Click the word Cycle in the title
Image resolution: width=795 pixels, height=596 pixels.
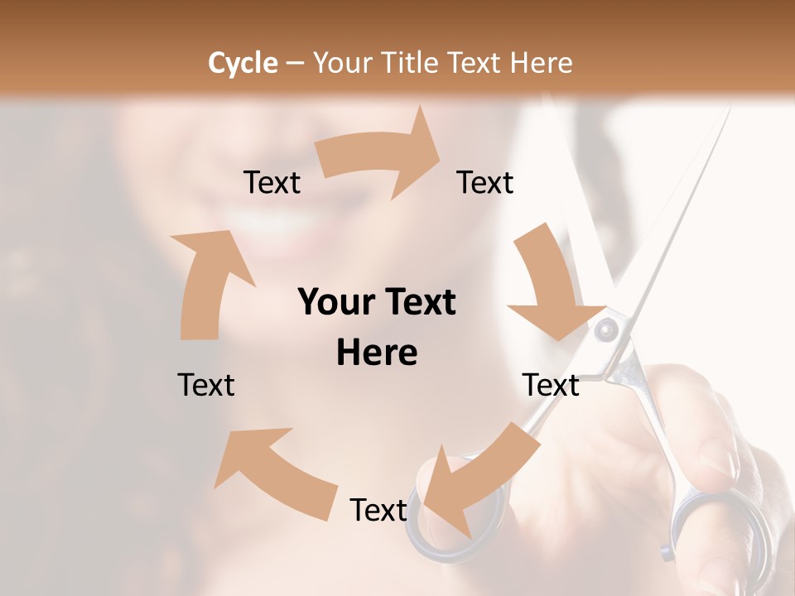click(243, 63)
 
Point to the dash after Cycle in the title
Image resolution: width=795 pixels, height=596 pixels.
click(295, 64)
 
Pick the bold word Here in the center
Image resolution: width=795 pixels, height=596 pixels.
click(377, 353)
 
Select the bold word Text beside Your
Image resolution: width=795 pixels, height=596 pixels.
click(417, 302)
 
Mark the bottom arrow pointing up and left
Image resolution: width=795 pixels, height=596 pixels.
click(273, 472)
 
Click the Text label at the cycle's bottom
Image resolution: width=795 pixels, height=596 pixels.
click(378, 510)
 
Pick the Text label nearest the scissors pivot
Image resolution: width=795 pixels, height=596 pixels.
click(551, 385)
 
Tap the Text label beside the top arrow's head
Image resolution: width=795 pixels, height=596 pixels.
click(485, 182)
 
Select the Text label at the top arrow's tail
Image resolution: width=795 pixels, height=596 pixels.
click(272, 182)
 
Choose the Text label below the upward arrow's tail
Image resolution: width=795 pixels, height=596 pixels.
click(206, 385)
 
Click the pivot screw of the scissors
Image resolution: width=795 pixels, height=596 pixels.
click(607, 330)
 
